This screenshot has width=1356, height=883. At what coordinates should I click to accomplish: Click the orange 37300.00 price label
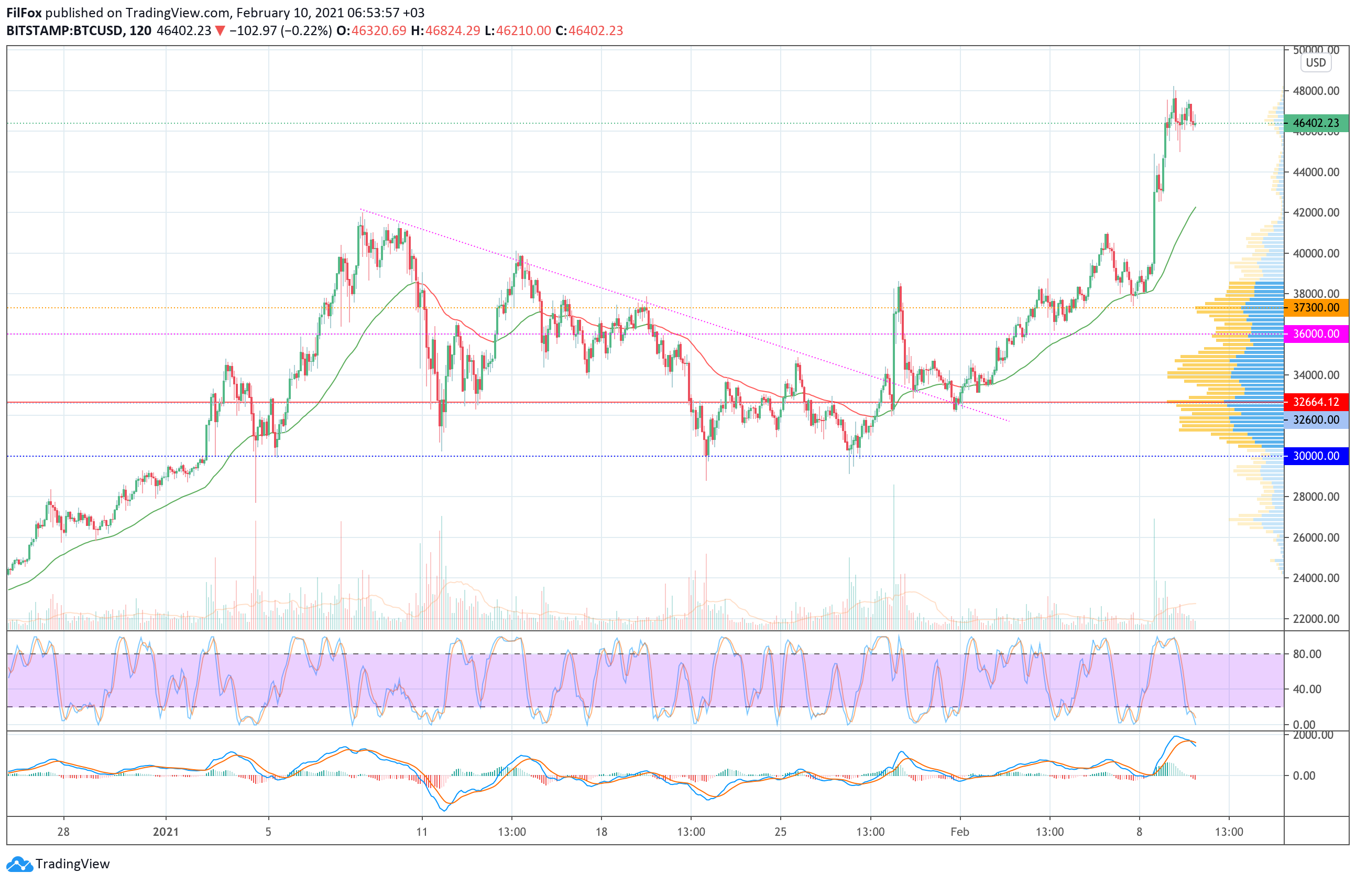(1316, 308)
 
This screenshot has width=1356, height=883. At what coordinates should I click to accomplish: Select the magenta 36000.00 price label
(1316, 333)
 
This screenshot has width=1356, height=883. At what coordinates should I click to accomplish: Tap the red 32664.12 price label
(1316, 401)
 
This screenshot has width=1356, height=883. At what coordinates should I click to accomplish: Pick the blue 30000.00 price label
(1316, 456)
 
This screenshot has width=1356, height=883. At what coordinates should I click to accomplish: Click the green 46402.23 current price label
(1316, 123)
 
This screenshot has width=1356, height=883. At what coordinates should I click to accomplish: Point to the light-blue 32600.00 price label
(1316, 419)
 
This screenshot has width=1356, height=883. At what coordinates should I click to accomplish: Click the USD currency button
(1316, 63)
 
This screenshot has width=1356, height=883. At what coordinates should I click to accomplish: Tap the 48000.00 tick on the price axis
(1316, 91)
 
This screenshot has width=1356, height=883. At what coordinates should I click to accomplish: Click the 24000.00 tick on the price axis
(1316, 577)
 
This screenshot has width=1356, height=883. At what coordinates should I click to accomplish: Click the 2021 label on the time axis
(166, 832)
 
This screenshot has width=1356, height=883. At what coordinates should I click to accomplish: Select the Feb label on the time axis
(959, 832)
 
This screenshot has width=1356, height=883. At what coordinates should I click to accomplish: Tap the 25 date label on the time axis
(780, 832)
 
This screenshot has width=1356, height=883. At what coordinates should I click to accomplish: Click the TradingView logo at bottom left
(58, 864)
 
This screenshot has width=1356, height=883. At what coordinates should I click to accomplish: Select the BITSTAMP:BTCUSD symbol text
(65, 31)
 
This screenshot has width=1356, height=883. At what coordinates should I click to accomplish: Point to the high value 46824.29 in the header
(452, 31)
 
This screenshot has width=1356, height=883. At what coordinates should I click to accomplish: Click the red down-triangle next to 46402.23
(220, 31)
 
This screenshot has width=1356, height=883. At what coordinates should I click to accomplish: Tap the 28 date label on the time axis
(63, 832)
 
